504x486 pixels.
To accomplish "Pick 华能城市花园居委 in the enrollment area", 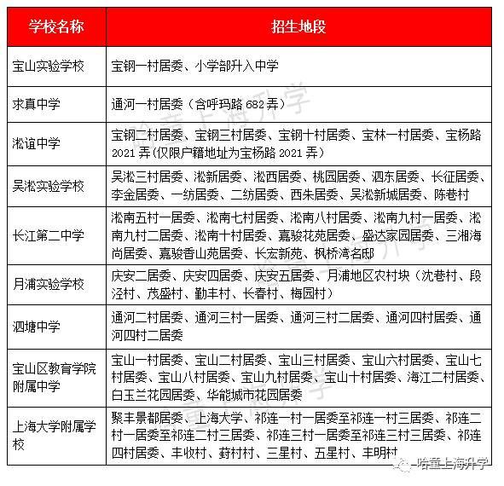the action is (x=255, y=395).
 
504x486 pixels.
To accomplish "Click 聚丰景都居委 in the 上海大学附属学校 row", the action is (x=145, y=419).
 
